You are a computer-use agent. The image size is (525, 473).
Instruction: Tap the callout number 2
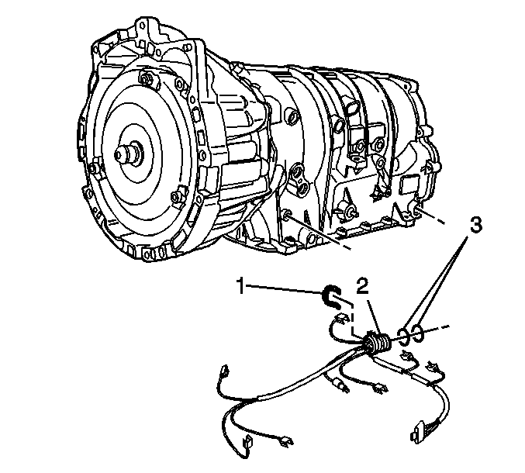click(x=363, y=288)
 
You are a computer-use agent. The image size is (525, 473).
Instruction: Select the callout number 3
click(x=475, y=225)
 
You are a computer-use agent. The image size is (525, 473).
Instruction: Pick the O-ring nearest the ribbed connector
click(x=403, y=336)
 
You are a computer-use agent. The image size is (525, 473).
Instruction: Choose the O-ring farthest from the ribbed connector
click(x=418, y=333)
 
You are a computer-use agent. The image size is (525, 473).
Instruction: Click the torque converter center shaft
click(x=128, y=154)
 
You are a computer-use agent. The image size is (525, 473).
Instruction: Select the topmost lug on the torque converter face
click(x=145, y=78)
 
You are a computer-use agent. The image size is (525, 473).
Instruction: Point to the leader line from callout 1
click(x=285, y=289)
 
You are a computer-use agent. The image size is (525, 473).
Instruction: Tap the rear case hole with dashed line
click(x=417, y=211)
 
